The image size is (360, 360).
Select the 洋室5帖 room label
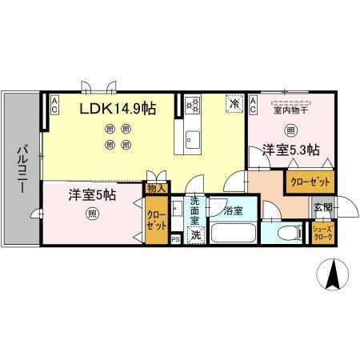tap(93, 193)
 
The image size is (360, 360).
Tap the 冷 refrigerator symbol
tap(234, 103)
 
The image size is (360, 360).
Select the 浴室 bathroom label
tap(233, 211)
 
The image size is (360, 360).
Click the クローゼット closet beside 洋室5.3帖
tap(308, 182)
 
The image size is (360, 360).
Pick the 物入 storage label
tap(157, 189)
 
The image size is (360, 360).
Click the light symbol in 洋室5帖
tap(92, 214)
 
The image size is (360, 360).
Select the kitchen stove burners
tap(193, 104)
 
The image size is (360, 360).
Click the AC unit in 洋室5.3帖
tap(252, 103)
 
